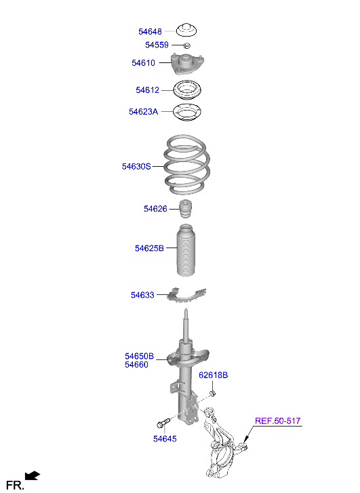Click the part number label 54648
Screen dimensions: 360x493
[x=150, y=31]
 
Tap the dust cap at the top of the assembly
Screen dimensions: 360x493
[x=186, y=31]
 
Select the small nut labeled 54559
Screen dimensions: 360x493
[x=186, y=45]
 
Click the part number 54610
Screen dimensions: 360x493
[x=143, y=63]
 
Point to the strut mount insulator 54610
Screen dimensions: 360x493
[x=187, y=64]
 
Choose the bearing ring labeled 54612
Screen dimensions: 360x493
[x=187, y=90]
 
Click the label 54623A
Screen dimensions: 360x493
[x=143, y=112]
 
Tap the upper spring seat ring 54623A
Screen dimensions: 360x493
[x=187, y=113]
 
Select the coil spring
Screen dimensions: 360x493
[x=186, y=165]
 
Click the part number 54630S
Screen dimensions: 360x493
[x=136, y=166]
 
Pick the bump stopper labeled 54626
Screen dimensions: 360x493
[x=186, y=209]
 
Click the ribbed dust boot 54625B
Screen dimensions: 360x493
[x=186, y=250]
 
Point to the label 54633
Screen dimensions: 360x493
[x=142, y=295]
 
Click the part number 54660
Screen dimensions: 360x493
[x=136, y=365]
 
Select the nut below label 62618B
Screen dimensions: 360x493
[x=212, y=393]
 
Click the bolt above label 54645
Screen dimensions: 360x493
[x=163, y=422]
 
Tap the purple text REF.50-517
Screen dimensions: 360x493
[x=277, y=420]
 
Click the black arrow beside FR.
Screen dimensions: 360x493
[x=33, y=475]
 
